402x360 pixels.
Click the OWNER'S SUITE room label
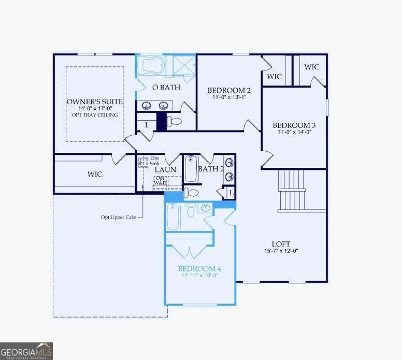[x=94, y=100]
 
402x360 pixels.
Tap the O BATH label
[x=166, y=87]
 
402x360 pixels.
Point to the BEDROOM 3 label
[x=294, y=125]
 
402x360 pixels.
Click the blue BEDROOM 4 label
[x=199, y=268]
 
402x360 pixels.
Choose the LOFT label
[x=281, y=243]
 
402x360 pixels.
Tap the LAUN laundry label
[x=165, y=169]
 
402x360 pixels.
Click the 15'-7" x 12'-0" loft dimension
[x=281, y=251]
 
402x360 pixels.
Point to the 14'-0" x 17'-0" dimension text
[x=94, y=108]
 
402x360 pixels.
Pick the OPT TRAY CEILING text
[x=94, y=115]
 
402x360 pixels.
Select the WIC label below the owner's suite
[x=94, y=174]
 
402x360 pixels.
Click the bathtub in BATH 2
[x=191, y=169]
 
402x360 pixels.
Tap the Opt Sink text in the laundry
[x=154, y=160]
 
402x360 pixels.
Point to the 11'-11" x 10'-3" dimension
[x=199, y=276]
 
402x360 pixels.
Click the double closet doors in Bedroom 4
[x=189, y=251]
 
